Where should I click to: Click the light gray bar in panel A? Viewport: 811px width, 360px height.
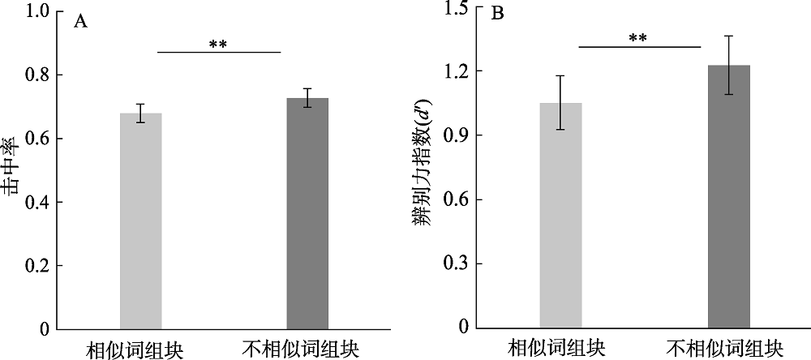click(x=141, y=221)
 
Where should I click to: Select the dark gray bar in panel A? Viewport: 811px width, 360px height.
click(x=307, y=213)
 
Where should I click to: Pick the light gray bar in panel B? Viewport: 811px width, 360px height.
click(x=561, y=215)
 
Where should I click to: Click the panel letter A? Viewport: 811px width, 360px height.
click(x=80, y=22)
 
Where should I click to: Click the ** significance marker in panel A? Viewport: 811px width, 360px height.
click(x=217, y=44)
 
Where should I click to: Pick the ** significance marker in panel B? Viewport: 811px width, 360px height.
click(x=639, y=37)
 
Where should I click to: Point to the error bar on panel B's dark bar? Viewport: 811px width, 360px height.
click(x=728, y=65)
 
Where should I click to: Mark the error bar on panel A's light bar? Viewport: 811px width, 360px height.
click(x=141, y=113)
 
